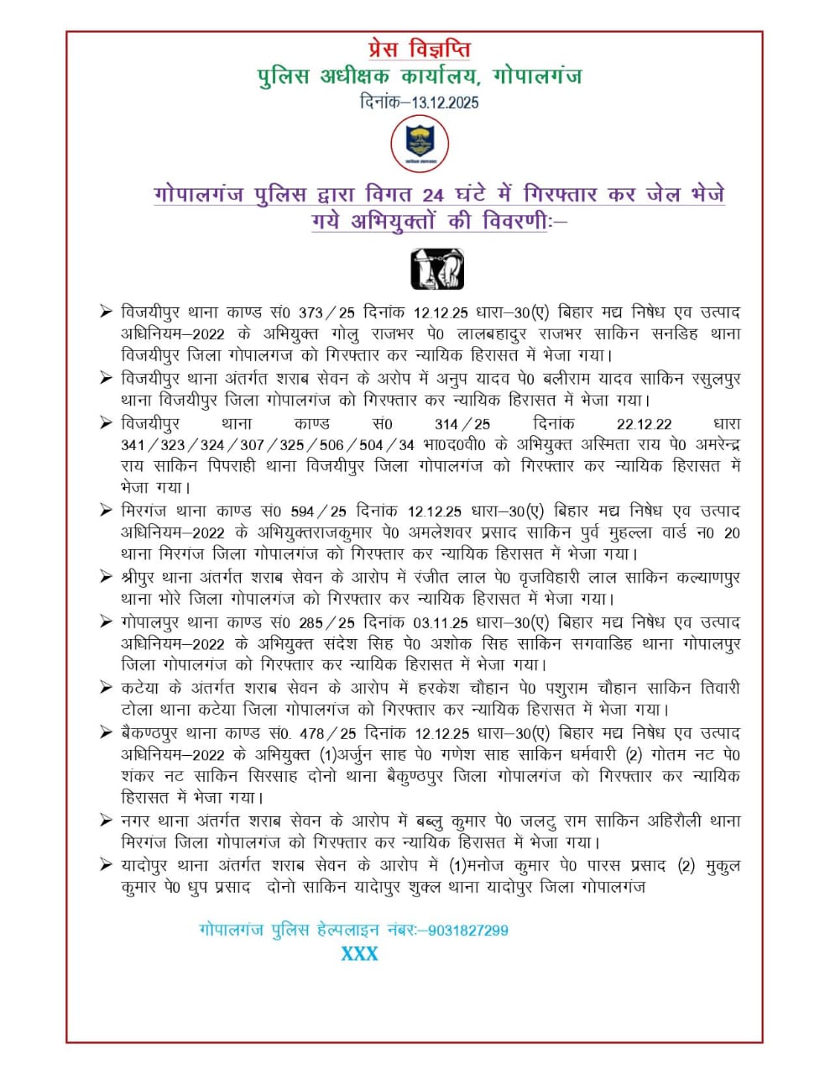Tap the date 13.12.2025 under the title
[445, 102]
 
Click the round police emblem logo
[420, 144]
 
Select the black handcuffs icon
[436, 269]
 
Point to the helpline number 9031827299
[468, 930]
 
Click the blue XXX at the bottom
[359, 953]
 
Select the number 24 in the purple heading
[433, 196]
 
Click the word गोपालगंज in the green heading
[537, 76]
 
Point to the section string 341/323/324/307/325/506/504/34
[268, 445]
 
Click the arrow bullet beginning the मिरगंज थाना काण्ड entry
[106, 510]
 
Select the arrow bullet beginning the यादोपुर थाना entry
[106, 864]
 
